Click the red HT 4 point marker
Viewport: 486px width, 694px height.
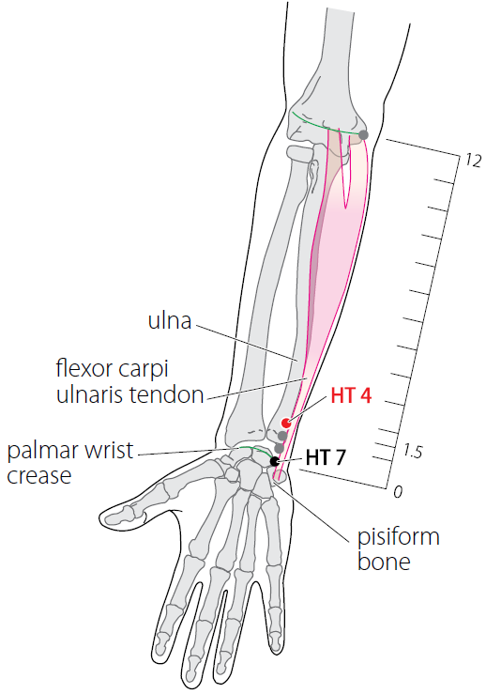286,423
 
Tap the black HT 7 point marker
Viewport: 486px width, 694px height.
275,461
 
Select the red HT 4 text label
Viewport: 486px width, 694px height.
351,396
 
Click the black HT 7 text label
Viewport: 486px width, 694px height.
325,457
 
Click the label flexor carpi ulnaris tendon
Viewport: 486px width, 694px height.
129,381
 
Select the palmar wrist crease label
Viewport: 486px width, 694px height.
69,463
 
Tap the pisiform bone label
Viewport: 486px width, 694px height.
399,548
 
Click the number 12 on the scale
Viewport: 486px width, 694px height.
473,161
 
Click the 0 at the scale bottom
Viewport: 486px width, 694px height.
398,491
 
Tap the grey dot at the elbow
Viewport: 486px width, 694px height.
363,134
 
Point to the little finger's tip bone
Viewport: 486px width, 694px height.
277,641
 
